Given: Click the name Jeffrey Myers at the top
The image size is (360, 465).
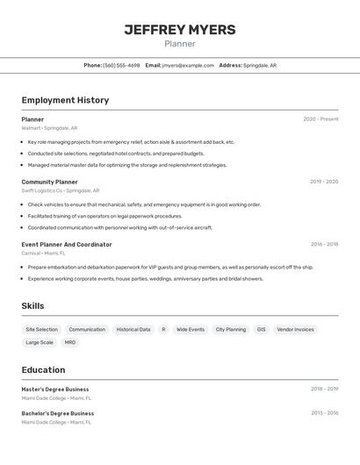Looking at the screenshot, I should [x=179, y=30].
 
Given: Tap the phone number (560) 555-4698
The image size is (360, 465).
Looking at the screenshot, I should [x=121, y=65].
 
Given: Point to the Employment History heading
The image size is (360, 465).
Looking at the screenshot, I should [x=65, y=100].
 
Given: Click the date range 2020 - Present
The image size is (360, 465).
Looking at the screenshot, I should [x=320, y=119].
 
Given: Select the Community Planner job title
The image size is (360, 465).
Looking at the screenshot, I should [x=49, y=182].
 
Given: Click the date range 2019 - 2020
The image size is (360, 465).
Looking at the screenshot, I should [x=324, y=182].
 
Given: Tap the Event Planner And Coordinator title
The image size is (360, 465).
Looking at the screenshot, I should [x=67, y=244].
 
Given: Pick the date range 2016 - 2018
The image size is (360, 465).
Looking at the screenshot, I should [x=324, y=244].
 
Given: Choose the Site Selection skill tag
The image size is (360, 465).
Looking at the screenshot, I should [x=41, y=330].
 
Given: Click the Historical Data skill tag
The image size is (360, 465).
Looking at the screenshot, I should [x=133, y=330].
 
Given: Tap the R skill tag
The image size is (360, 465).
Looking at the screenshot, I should [x=163, y=330].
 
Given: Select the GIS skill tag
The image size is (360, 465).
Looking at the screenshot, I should [x=261, y=330].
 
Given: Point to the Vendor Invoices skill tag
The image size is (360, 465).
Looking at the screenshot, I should [x=295, y=330].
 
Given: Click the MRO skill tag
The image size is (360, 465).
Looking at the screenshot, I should [x=70, y=343].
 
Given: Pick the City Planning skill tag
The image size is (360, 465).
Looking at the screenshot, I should [x=231, y=330].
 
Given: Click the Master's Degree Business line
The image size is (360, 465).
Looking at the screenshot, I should [x=55, y=389].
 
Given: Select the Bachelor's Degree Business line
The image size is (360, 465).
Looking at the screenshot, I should [x=58, y=413].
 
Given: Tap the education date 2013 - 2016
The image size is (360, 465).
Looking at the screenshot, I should [x=324, y=413].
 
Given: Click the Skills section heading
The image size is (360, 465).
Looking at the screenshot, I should [x=33, y=306].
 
